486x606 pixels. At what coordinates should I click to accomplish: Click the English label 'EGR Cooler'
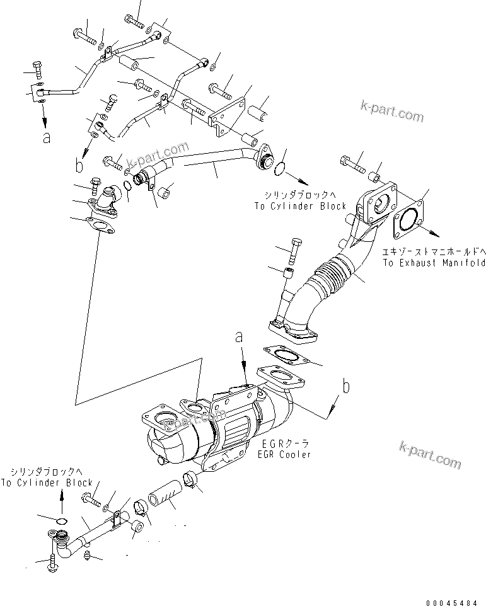tap(284, 454)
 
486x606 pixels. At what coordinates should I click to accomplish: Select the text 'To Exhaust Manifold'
tap(434, 263)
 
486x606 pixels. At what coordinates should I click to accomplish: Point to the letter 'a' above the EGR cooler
tap(240, 338)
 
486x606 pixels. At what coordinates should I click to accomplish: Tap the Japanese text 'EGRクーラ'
tap(284, 444)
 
